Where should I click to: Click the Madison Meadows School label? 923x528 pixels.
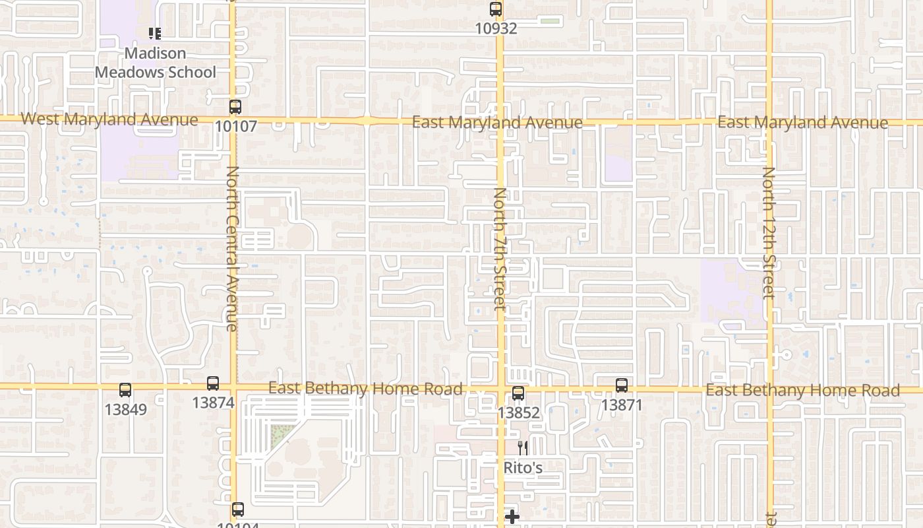click(156, 63)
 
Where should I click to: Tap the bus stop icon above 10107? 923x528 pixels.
click(235, 107)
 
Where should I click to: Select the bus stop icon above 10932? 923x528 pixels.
click(496, 10)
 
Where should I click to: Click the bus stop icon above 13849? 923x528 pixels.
click(125, 391)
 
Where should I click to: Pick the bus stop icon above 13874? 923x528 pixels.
click(213, 383)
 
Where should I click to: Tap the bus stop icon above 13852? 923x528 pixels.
click(518, 393)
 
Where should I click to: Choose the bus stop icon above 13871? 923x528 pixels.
click(621, 385)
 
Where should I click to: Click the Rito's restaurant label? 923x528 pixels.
click(523, 468)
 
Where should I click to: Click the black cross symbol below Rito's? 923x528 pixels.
click(512, 517)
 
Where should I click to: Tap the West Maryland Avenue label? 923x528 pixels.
click(109, 119)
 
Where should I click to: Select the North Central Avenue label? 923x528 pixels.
click(232, 248)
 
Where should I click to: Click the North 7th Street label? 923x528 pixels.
click(500, 249)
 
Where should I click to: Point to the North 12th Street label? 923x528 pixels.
click(769, 232)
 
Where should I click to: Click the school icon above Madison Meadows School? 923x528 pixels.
click(155, 33)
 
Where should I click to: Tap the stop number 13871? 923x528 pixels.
click(621, 405)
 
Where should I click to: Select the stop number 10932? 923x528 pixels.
click(496, 29)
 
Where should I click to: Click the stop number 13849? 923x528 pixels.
click(125, 410)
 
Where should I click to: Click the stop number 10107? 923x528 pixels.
click(235, 126)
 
